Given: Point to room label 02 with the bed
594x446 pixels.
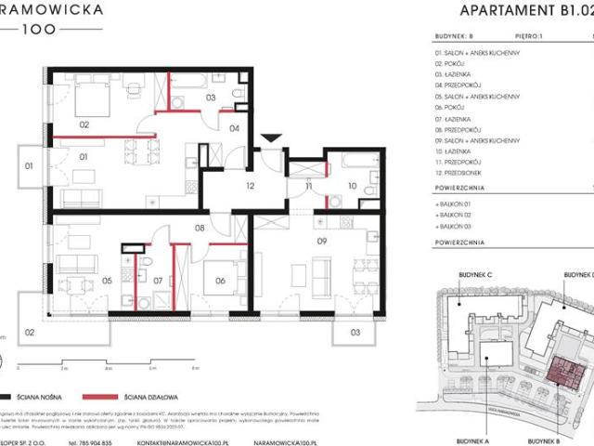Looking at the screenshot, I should click(x=83, y=124).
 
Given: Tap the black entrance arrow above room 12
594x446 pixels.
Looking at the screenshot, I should click(x=269, y=139).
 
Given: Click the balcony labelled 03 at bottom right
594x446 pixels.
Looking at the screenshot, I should click(x=355, y=331).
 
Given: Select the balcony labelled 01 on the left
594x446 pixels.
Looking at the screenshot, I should click(x=29, y=166).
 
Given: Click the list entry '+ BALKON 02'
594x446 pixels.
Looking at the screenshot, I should click(x=455, y=213).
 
